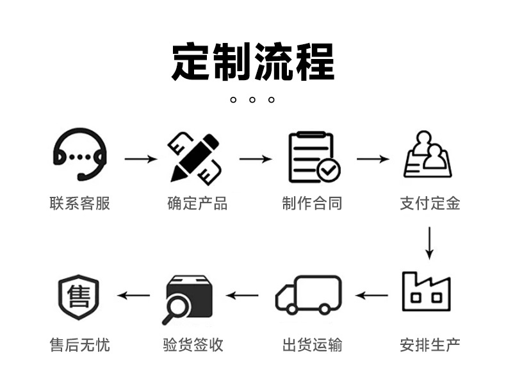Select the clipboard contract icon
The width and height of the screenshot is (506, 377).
click(x=314, y=157)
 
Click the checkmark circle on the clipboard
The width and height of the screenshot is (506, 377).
click(x=329, y=170)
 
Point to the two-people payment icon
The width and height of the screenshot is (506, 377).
click(x=427, y=155)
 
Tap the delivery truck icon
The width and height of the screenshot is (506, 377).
click(x=309, y=295)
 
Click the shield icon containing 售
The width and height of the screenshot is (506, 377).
click(x=78, y=297)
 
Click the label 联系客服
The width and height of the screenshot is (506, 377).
click(x=79, y=203)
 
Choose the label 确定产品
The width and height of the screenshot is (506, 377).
click(x=197, y=203)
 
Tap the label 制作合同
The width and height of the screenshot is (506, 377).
click(x=312, y=203)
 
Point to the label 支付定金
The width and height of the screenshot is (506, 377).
click(x=430, y=203)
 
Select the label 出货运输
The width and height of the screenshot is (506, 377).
click(x=312, y=345)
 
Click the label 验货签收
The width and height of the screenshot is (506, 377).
click(x=193, y=345)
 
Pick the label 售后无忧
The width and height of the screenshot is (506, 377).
click(x=79, y=345)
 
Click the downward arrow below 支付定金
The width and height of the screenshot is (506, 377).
click(x=429, y=243)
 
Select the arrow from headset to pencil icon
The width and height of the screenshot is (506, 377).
click(x=141, y=158)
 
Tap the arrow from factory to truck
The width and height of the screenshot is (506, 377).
click(x=371, y=296)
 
